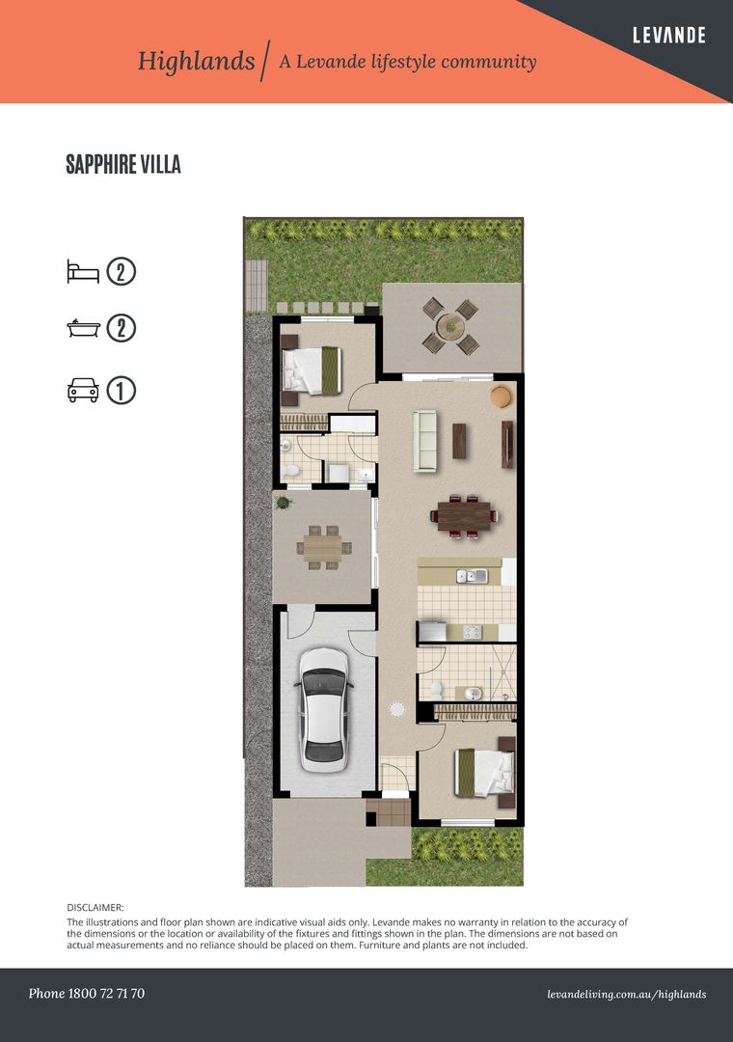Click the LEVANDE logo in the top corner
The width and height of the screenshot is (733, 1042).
[668, 36]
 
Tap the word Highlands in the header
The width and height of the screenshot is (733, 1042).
[197, 61]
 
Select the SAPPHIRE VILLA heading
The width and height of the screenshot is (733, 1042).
[123, 164]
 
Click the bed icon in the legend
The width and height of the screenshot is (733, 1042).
[83, 272]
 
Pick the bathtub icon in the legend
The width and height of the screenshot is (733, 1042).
[84, 328]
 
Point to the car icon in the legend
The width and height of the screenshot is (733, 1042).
[83, 390]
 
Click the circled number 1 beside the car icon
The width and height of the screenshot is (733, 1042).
[121, 391]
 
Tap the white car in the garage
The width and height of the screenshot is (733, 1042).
[324, 709]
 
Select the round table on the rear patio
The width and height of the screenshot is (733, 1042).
[450, 326]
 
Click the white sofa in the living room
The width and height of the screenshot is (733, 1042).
[424, 441]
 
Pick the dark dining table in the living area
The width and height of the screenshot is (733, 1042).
[463, 515]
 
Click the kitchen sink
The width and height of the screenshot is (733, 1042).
[472, 576]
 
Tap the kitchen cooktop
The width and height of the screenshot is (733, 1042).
[472, 632]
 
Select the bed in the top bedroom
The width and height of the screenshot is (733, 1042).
[312, 370]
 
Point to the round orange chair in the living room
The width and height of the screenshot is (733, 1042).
[502, 397]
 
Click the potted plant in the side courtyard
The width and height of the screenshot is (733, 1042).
[284, 503]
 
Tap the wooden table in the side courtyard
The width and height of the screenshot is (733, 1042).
[323, 548]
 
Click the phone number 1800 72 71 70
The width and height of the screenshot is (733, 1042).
[106, 994]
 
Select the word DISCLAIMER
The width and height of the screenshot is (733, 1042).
[95, 907]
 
